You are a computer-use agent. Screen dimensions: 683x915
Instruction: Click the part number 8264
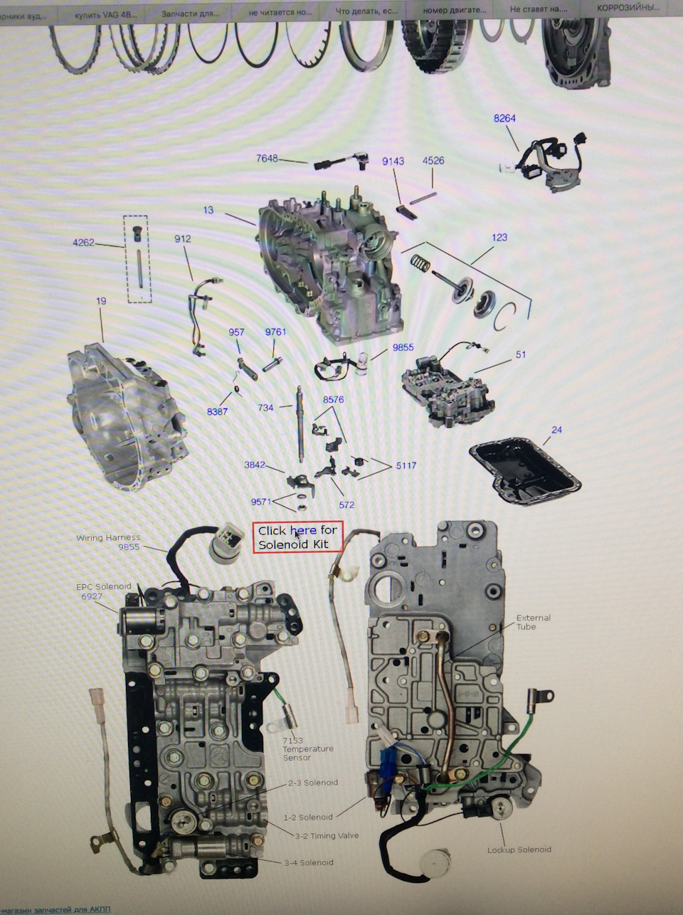pos(504,118)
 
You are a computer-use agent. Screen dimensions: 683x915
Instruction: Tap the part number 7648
pos(267,158)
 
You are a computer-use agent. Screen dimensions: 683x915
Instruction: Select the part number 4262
pos(83,243)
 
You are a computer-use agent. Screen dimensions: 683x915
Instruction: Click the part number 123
pos(499,237)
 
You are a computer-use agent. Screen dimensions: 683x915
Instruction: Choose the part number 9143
pos(393,161)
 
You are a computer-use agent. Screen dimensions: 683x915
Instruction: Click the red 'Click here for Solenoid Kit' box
pos(297,537)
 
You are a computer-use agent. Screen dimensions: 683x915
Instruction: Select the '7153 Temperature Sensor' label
pos(307,749)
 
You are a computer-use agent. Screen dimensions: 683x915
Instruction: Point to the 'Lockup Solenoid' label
pos(519,850)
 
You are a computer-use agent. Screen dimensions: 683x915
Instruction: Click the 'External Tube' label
pos(533,622)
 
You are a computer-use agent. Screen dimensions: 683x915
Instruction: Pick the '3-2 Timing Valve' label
pos(327,835)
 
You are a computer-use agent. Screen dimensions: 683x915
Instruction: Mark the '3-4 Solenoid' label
pos(308,862)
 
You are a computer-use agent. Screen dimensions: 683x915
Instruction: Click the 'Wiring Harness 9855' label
pos(108,542)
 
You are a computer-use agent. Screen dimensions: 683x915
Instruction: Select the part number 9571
pos(261,502)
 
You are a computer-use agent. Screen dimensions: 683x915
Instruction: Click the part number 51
pos(521,354)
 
